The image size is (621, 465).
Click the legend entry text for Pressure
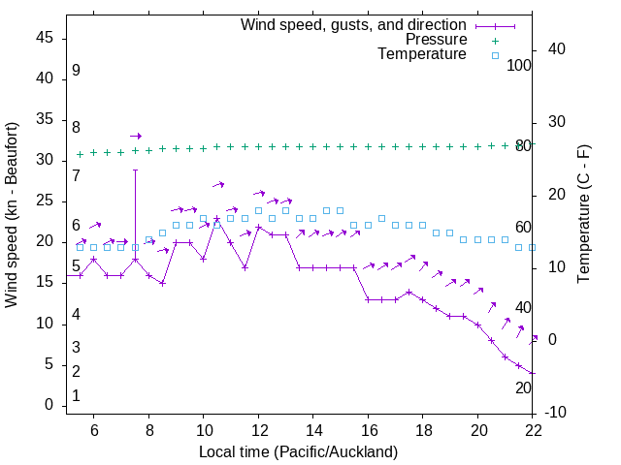point(436,40)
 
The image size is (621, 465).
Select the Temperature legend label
point(422,54)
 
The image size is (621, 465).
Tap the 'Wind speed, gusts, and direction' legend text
point(354,24)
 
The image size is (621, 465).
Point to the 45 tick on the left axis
point(46,38)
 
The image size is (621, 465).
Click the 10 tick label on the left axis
point(46,324)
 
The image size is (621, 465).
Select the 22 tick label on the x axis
point(534,430)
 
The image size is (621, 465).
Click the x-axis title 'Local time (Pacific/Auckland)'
point(298,451)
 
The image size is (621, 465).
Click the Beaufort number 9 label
point(76,71)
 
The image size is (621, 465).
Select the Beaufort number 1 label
point(76,396)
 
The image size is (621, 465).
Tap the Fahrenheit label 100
point(519,65)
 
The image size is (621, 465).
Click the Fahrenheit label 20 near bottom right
point(523,387)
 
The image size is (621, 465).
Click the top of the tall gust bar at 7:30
point(135,170)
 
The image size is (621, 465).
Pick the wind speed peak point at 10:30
point(217,219)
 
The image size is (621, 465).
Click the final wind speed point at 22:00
point(533,373)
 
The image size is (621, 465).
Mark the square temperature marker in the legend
point(494,55)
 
